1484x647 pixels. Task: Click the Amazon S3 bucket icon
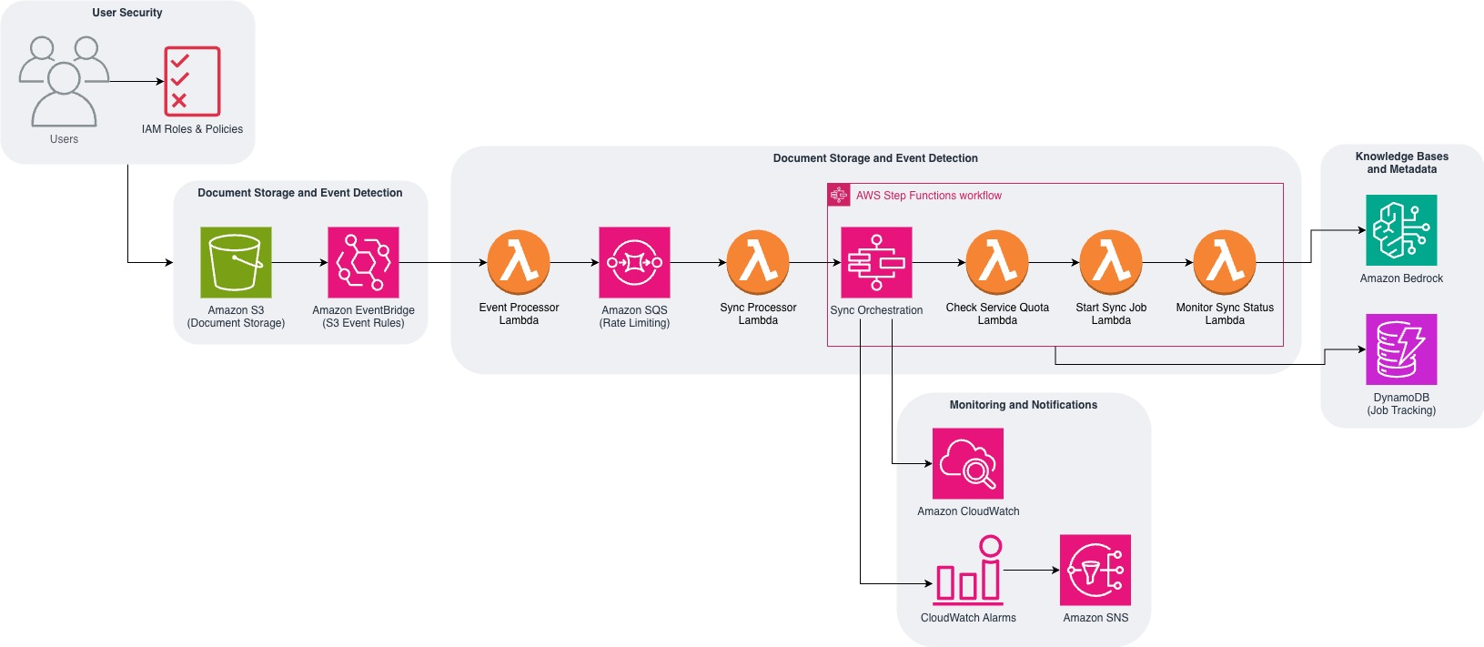[236, 262]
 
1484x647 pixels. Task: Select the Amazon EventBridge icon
[363, 262]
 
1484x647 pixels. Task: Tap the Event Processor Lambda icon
[519, 262]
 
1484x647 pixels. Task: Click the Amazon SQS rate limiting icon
[634, 262]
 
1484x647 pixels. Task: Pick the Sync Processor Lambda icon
[758, 262]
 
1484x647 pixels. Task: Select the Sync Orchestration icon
[876, 262]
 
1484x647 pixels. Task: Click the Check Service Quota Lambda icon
[997, 262]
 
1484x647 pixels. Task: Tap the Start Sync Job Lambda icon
[1111, 262]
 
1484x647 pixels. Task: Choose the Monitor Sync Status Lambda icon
[1225, 262]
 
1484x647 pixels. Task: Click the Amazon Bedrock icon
[1401, 230]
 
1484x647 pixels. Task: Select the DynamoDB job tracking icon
[1401, 349]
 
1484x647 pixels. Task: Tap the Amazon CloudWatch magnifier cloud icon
[968, 463]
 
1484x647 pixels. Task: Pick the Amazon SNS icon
[1095, 570]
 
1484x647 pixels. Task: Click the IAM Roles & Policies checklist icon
[192, 81]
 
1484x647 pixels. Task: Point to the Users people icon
[64, 82]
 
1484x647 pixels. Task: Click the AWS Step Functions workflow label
[928, 196]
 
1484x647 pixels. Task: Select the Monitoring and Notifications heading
[1023, 405]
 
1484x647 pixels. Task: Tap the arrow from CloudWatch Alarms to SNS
[1032, 571]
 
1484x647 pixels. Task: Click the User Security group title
[127, 13]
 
